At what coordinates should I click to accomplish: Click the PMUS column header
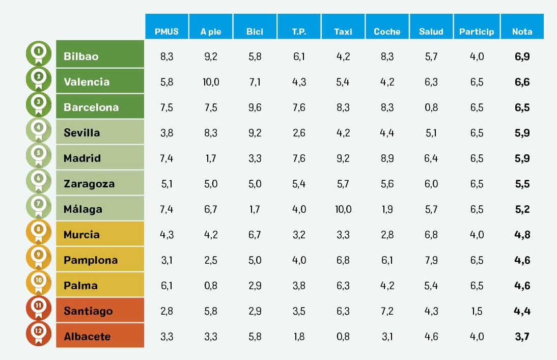click(166, 31)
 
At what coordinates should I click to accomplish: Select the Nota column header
click(522, 31)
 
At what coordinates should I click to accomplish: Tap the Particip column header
click(476, 31)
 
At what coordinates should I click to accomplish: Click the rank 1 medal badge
click(39, 53)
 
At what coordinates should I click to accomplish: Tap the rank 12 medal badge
click(39, 333)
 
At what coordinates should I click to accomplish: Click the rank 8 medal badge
click(39, 231)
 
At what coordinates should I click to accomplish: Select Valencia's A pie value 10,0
click(211, 82)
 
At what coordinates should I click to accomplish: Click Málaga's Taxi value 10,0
click(343, 209)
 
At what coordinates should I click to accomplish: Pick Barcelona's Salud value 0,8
click(431, 107)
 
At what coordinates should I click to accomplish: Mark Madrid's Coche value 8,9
click(387, 158)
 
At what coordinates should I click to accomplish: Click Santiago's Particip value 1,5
click(477, 311)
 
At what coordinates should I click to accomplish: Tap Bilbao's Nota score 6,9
click(522, 57)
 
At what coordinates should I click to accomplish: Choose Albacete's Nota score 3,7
click(522, 337)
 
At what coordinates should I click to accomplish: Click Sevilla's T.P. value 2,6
click(299, 133)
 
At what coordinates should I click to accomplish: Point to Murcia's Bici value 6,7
click(255, 235)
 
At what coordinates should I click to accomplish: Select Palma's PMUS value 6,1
click(166, 286)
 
